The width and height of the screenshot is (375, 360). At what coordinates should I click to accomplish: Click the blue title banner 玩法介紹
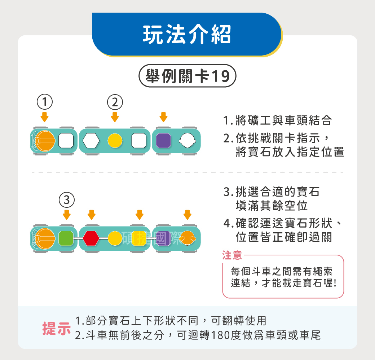[187, 35]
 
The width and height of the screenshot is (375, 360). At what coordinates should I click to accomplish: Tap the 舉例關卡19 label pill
[187, 76]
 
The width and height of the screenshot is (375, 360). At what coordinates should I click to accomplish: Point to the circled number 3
[66, 199]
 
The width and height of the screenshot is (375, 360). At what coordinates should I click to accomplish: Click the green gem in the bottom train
[66, 238]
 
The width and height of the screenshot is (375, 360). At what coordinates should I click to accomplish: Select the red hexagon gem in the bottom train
[91, 238]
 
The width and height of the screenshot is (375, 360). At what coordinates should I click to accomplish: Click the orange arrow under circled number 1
[44, 117]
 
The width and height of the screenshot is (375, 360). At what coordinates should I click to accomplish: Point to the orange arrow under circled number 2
[115, 117]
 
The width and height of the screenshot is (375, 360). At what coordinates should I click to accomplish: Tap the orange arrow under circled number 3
[66, 215]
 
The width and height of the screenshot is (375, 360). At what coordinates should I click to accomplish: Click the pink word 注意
[232, 255]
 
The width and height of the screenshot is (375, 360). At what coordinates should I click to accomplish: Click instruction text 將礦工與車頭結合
[283, 120]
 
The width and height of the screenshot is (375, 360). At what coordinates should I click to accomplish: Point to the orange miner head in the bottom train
[188, 238]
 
